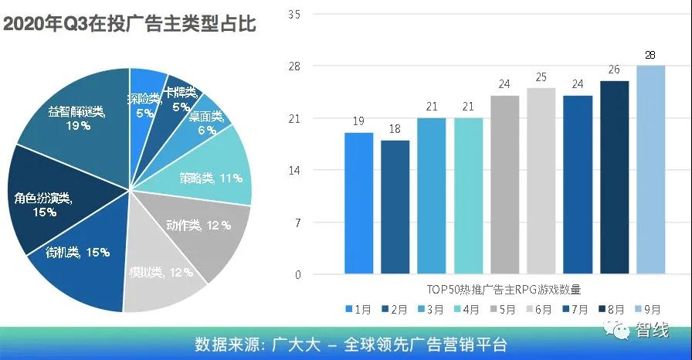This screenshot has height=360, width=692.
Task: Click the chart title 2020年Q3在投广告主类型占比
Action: tap(129, 23)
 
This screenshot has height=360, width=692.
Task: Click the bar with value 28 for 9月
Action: tap(650, 170)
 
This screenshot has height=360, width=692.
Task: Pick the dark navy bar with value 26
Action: tap(614, 178)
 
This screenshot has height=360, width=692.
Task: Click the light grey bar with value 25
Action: tap(541, 182)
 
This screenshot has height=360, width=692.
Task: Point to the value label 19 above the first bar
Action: tap(358, 121)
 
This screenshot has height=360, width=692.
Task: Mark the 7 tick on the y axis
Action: tap(297, 222)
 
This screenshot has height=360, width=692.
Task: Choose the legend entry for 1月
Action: tap(358, 308)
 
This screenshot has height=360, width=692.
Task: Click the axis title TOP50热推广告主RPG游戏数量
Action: tap(503, 290)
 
